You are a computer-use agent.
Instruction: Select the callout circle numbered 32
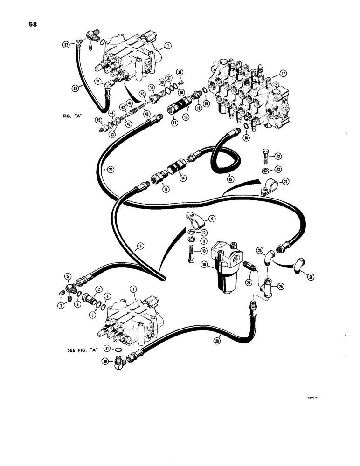pyautogui.click(x=66, y=45)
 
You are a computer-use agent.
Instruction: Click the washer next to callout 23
pyautogui.click(x=265, y=170)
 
